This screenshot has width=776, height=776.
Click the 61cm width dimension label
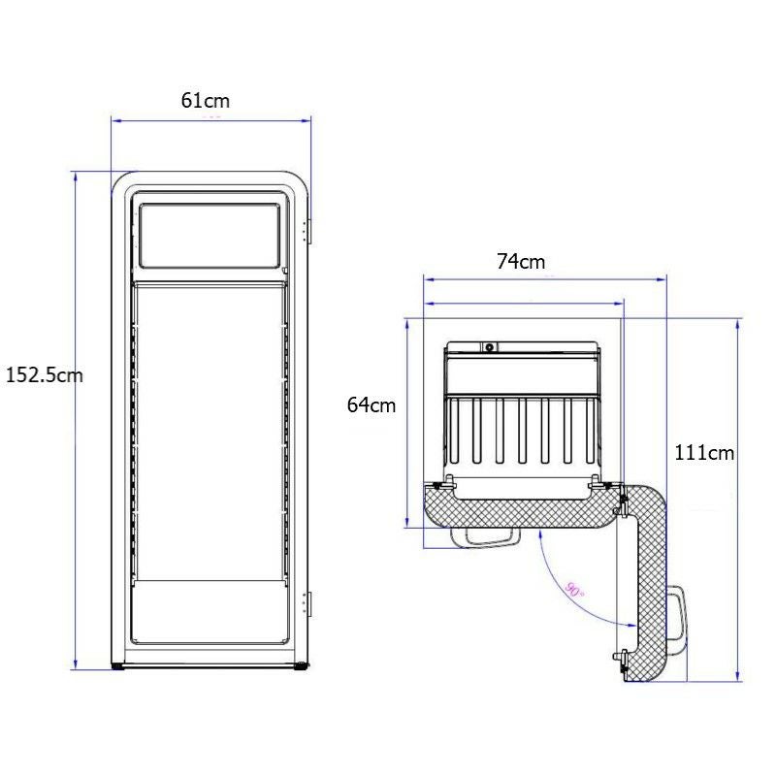coord(206,100)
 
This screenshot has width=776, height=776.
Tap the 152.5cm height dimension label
coord(44,375)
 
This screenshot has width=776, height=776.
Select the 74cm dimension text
coord(521,261)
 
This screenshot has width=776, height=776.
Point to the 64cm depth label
coord(372,405)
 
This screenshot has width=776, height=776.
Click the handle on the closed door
coord(491,537)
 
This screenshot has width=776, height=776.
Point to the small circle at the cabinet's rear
coord(490,346)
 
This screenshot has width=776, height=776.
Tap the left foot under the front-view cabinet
coord(118,666)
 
